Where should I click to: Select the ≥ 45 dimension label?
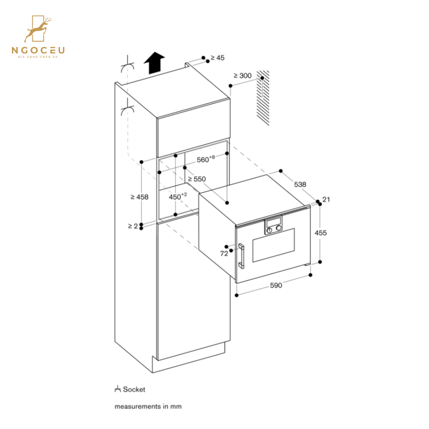coord(217,58)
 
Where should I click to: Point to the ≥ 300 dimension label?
coord(242,76)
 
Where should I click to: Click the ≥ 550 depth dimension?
coord(196,179)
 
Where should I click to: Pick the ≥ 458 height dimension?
coord(139,197)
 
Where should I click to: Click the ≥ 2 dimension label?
coord(133,226)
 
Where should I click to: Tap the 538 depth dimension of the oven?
coord(300,184)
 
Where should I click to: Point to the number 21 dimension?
coord(326,200)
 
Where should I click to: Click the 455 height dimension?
coord(321,233)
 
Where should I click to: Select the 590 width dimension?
coord(276,286)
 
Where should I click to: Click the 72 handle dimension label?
coord(224,254)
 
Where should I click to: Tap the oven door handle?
coord(241,256)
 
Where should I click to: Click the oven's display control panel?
coord(273,225)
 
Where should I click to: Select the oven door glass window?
coord(273,245)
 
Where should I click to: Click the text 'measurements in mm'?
coord(148,407)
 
